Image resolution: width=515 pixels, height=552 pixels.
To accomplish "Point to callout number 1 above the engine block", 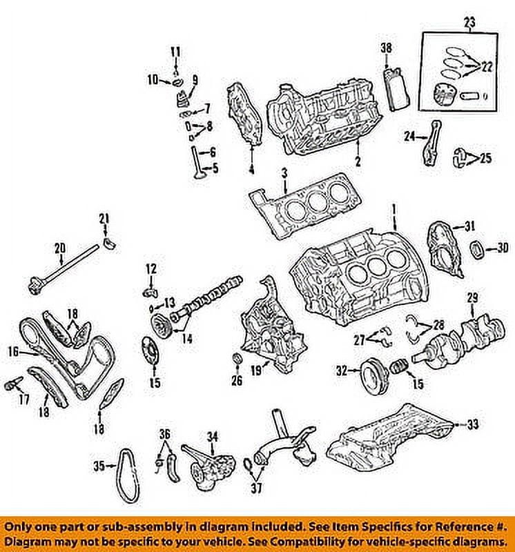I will pyautogui.click(x=394, y=208).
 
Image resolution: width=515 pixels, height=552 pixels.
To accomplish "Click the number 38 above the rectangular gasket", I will pyautogui.click(x=387, y=48).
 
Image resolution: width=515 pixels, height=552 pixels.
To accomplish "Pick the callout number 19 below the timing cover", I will pyautogui.click(x=255, y=371).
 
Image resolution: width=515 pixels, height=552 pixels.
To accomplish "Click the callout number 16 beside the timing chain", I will pyautogui.click(x=13, y=351).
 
